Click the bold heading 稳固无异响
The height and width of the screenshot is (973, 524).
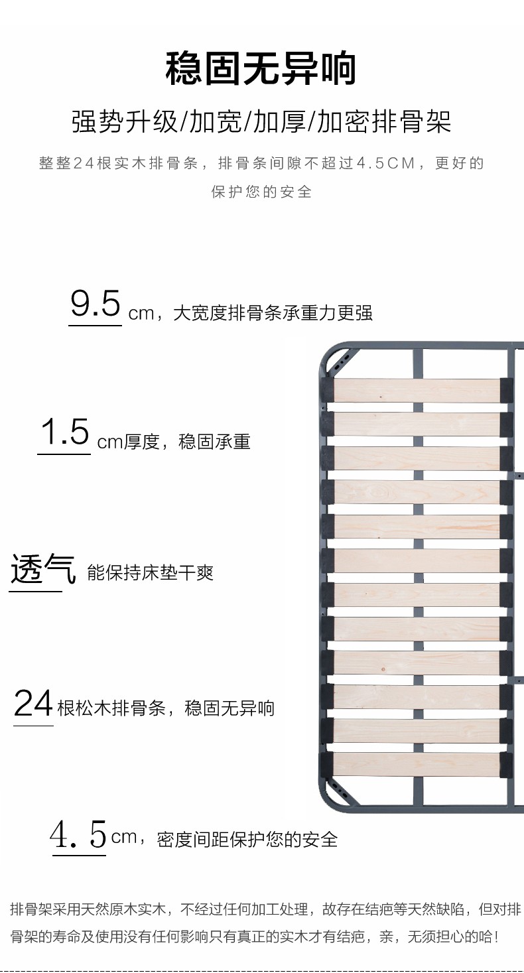click(x=261, y=70)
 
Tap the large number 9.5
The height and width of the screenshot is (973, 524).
click(x=96, y=304)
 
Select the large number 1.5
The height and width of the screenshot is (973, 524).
click(x=64, y=433)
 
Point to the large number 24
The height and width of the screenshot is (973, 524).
click(x=33, y=704)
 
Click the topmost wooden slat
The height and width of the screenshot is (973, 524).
click(x=417, y=391)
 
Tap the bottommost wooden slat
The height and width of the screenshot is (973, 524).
click(x=417, y=765)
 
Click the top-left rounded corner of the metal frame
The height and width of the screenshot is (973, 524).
click(x=334, y=358)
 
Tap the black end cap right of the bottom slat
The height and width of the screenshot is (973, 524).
click(x=506, y=765)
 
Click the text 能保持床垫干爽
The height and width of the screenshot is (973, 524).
click(x=151, y=573)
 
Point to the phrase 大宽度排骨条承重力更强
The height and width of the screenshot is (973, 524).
click(x=273, y=313)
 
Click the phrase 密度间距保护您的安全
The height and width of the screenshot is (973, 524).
click(x=247, y=840)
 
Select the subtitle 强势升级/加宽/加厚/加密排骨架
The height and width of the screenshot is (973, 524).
click(x=261, y=123)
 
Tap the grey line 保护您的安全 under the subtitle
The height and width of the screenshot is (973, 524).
click(x=261, y=192)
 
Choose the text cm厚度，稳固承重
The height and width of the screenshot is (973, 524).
click(x=174, y=442)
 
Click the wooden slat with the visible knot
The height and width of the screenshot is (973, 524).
click(x=417, y=492)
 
